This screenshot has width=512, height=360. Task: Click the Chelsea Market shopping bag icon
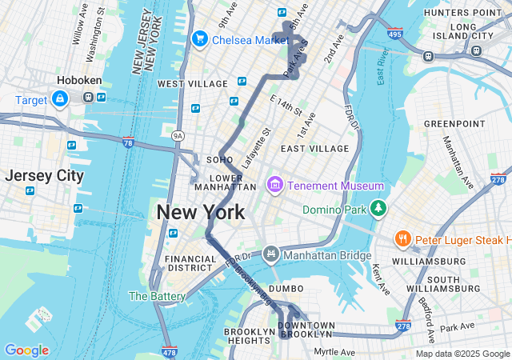[x=199, y=38]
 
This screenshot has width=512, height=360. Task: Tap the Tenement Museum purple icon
[x=274, y=186]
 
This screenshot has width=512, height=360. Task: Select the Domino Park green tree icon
[x=378, y=210]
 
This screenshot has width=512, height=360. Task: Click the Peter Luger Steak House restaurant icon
[x=402, y=238]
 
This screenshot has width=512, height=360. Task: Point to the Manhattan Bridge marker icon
[x=271, y=254]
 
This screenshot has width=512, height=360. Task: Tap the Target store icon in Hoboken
[x=60, y=98]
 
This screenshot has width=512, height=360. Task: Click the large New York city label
[x=201, y=212]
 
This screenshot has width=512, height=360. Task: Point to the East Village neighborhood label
[x=314, y=148]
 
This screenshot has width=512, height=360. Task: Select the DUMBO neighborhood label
[x=286, y=288]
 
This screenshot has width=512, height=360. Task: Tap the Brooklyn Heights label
[x=249, y=337]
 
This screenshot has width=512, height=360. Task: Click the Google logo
[x=26, y=350]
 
